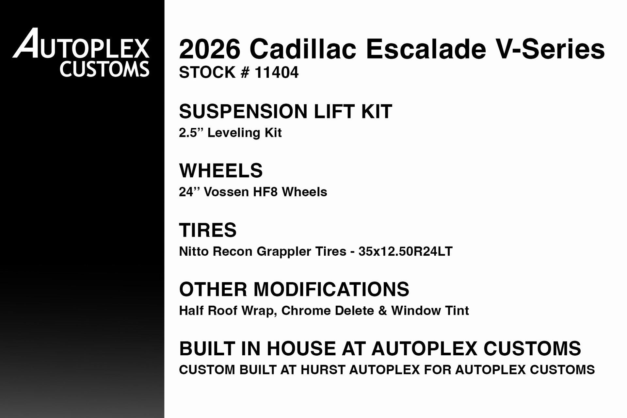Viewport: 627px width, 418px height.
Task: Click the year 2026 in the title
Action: (210, 49)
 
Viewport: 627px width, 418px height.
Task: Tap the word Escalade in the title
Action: (426, 49)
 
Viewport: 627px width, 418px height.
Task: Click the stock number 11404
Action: (277, 72)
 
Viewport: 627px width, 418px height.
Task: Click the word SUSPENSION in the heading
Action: (243, 111)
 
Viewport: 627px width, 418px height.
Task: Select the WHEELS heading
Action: (221, 170)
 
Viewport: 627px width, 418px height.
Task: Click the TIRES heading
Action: (208, 230)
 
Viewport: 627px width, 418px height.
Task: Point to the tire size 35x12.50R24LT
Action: (405, 251)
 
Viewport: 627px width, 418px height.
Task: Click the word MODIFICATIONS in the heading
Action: (331, 289)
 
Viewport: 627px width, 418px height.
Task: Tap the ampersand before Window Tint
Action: (382, 311)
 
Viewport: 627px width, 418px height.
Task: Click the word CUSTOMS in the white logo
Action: (104, 70)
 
